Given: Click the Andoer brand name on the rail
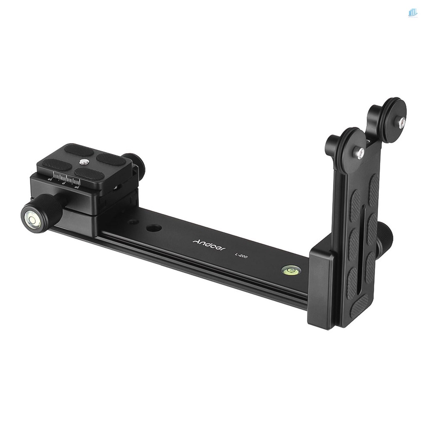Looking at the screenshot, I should (x=209, y=245).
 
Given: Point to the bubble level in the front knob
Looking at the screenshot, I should (x=31, y=219).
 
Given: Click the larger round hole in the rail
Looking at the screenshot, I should (x=154, y=228).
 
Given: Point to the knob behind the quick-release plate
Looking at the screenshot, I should (x=136, y=164).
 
